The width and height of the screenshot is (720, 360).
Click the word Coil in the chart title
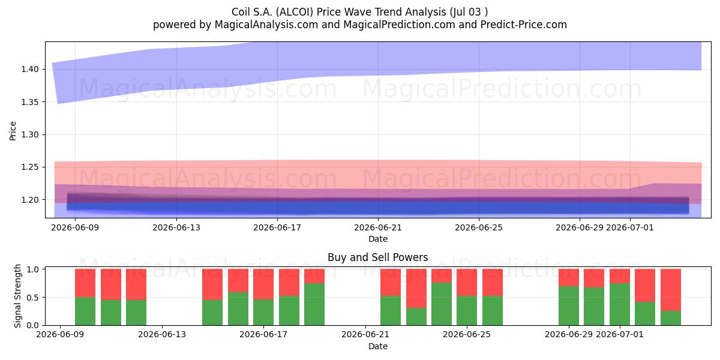[x=241, y=12]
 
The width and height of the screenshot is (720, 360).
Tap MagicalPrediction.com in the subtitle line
[x=399, y=25]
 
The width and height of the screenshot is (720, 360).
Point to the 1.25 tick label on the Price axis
[x=30, y=167]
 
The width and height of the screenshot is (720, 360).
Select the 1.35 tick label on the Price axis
[x=30, y=102]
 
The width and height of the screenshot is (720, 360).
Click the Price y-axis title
[x=13, y=131]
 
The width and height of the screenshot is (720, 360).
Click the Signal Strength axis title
[x=17, y=296]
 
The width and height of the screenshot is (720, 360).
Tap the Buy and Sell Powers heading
[x=377, y=257]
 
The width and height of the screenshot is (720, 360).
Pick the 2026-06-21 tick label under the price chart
[x=378, y=227]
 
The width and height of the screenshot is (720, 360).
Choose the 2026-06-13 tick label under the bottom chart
[x=162, y=335]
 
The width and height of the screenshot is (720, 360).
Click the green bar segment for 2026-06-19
[x=314, y=304]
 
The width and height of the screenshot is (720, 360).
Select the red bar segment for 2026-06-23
[x=416, y=289]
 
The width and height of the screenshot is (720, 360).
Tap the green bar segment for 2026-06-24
[x=442, y=304]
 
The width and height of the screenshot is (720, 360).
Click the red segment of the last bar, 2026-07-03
[x=671, y=290]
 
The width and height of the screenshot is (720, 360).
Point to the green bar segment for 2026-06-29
[x=569, y=305]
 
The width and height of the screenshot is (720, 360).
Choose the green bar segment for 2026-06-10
[x=85, y=311]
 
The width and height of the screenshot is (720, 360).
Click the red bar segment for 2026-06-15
[x=212, y=284]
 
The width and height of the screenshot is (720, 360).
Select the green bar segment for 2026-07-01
[x=620, y=304]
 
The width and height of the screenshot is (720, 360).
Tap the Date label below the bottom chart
[x=377, y=347]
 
